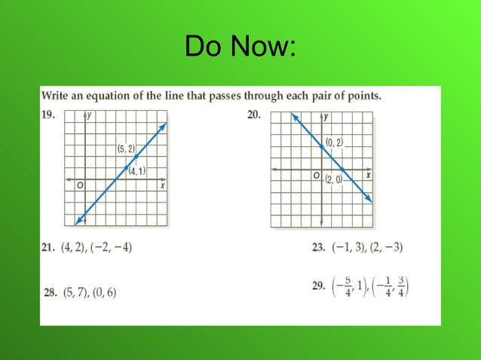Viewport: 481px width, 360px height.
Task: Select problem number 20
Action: click(x=253, y=115)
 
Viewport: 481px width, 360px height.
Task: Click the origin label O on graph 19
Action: click(x=78, y=185)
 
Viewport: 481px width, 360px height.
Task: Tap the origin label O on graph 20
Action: click(x=317, y=175)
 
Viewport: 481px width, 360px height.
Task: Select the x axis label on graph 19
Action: click(x=162, y=185)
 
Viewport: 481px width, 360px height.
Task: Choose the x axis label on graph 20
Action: click(x=368, y=175)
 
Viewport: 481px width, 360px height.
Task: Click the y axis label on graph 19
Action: click(x=90, y=115)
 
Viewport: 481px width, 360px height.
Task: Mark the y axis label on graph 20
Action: click(x=326, y=117)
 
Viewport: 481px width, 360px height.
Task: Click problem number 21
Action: click(x=47, y=247)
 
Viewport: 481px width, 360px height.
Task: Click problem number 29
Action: click(x=318, y=286)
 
